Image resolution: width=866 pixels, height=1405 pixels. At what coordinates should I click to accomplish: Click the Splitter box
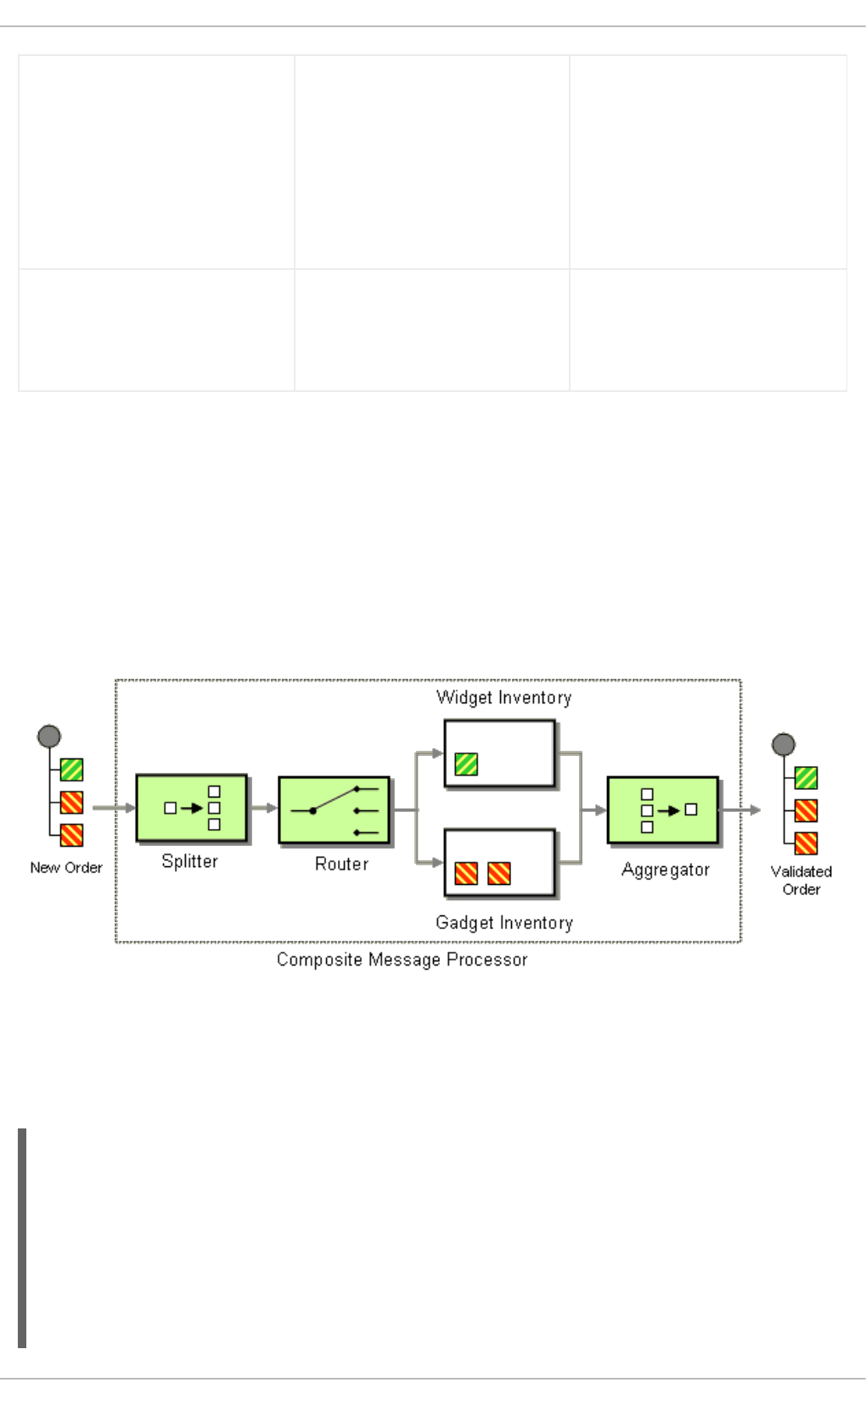click(191, 808)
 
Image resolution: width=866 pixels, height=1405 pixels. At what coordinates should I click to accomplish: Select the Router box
click(334, 810)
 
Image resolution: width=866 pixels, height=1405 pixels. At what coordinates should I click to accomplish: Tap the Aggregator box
click(662, 810)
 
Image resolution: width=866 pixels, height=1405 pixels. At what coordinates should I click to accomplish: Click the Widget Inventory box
click(499, 753)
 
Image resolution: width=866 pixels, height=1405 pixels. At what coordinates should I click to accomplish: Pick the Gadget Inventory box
click(499, 862)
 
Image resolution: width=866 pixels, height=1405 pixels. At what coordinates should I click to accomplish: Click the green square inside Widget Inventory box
click(466, 764)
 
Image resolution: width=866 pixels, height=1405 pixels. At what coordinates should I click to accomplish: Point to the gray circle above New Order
click(49, 736)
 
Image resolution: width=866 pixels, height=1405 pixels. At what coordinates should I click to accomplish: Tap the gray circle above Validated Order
click(783, 745)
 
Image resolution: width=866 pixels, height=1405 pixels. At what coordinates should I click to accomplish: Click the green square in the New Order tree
click(71, 770)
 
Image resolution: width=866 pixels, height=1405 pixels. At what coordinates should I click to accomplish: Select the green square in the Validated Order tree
click(806, 777)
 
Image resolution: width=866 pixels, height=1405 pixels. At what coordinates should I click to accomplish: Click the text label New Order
click(66, 868)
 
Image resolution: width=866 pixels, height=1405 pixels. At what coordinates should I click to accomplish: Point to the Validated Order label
click(801, 880)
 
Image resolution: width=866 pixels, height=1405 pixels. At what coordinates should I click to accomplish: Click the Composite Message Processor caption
click(402, 960)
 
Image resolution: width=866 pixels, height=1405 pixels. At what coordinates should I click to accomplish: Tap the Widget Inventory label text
click(503, 697)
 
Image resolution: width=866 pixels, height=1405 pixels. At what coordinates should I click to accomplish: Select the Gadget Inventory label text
click(503, 922)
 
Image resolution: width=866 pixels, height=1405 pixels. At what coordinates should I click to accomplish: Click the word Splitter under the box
click(189, 861)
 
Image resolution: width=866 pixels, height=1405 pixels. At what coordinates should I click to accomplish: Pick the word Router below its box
click(341, 864)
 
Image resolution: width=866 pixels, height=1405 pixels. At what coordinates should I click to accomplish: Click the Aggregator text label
click(665, 870)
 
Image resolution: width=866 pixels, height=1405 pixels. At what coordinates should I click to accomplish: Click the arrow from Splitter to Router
click(263, 808)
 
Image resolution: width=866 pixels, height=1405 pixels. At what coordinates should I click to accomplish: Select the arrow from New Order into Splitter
click(114, 808)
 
